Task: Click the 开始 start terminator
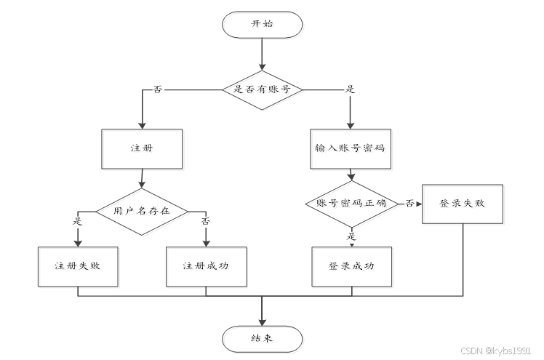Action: coord(262,24)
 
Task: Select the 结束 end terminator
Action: coord(262,337)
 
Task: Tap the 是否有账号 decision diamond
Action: coord(262,89)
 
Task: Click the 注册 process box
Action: coord(141,148)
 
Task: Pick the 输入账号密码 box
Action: coord(350,148)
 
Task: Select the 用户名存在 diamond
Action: coord(141,211)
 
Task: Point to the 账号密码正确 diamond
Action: coord(352,204)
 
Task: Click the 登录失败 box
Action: coord(462,203)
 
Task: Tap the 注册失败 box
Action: coord(78,265)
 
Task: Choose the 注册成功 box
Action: coord(206,265)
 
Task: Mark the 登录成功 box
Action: coord(352,265)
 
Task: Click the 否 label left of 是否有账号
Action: coord(158,89)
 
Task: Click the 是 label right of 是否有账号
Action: coord(349,89)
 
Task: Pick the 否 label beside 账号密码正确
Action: coord(409,204)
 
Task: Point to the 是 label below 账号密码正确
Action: coord(352,236)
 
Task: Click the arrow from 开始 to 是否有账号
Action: coord(262,55)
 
